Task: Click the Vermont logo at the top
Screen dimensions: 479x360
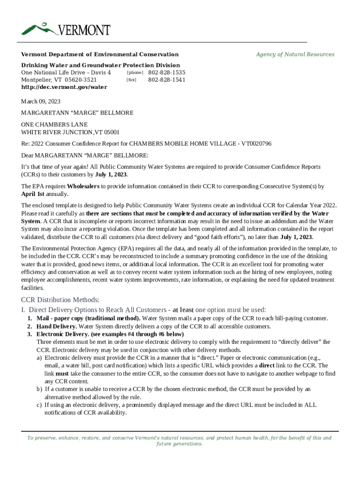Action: tap(66, 29)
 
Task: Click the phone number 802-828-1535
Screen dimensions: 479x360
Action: tap(166, 73)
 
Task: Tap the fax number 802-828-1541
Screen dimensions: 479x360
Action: tap(166, 80)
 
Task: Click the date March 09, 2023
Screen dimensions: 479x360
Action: tap(41, 101)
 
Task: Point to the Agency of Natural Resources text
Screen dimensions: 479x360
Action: tap(295, 54)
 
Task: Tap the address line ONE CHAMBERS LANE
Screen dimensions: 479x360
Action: tap(54, 125)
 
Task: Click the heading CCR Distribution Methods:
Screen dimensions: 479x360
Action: tap(60, 300)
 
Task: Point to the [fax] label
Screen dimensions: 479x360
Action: tap(131, 80)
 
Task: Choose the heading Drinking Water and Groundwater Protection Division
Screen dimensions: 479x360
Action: tap(101, 65)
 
